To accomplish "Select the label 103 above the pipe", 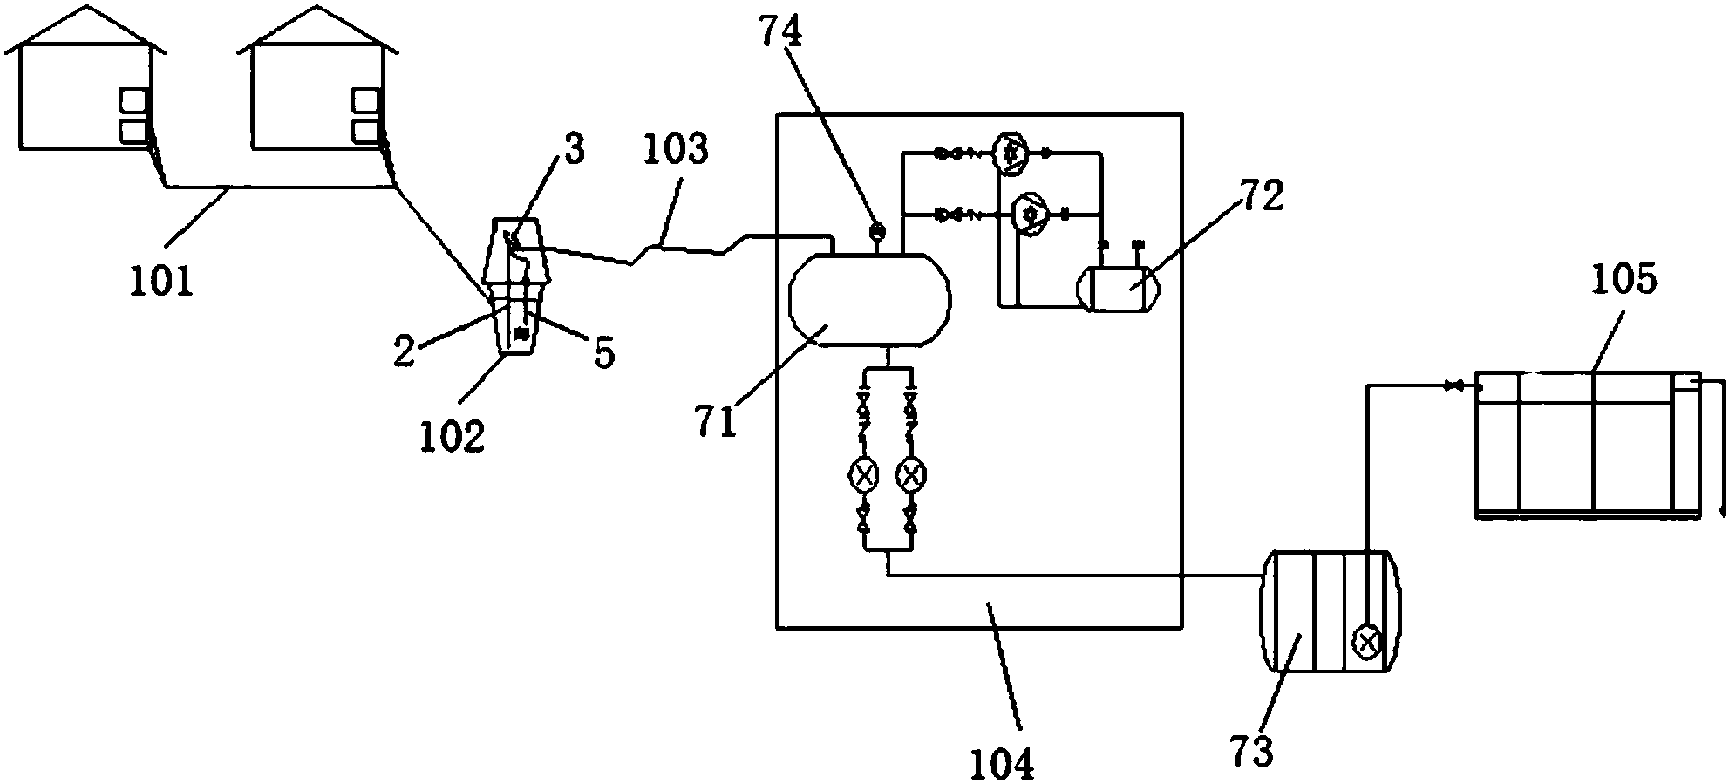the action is [676, 150].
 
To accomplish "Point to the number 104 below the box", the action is [1003, 762].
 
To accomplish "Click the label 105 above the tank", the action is [1623, 281].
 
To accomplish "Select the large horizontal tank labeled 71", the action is [869, 299].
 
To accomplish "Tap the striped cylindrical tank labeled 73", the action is [1331, 623].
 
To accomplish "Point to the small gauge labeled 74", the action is [877, 231].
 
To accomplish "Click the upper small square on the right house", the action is [364, 101].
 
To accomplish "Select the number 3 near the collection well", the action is [573, 149].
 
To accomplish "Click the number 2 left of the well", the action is [402, 351].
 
